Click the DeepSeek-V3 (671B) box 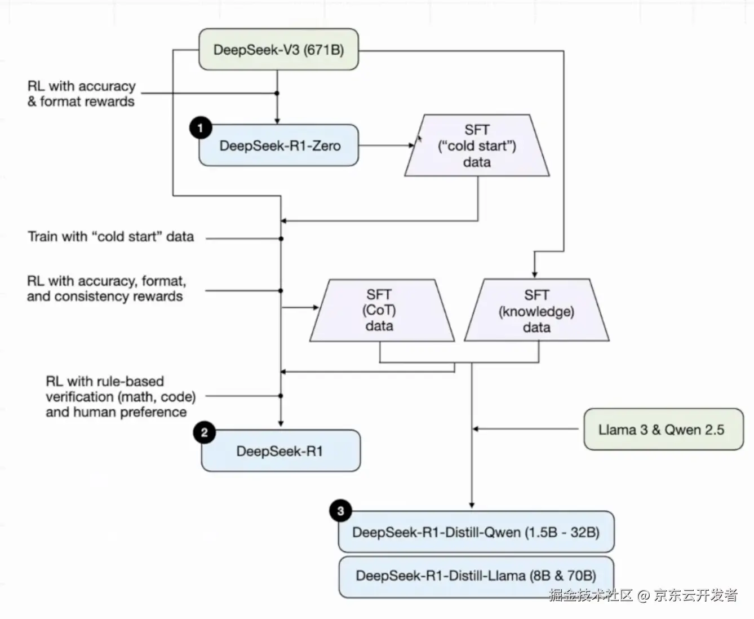tap(278, 50)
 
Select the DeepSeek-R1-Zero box tap(278, 145)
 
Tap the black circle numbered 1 tap(201, 128)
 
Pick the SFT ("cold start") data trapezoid tap(477, 146)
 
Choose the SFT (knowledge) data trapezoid tap(536, 311)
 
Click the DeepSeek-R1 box tap(280, 451)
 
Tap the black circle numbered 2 tap(204, 433)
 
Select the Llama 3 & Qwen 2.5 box tap(663, 430)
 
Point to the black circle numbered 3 tap(340, 511)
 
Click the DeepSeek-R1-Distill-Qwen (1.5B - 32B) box tap(476, 532)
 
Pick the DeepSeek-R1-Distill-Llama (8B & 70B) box tap(476, 576)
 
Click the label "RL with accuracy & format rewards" tap(81, 94)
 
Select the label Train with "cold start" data tap(111, 236)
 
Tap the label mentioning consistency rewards tap(106, 289)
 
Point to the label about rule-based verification tap(120, 396)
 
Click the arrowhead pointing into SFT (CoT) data tap(316, 307)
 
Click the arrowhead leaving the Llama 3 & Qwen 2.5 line tap(475, 430)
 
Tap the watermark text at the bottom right tap(642, 595)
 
